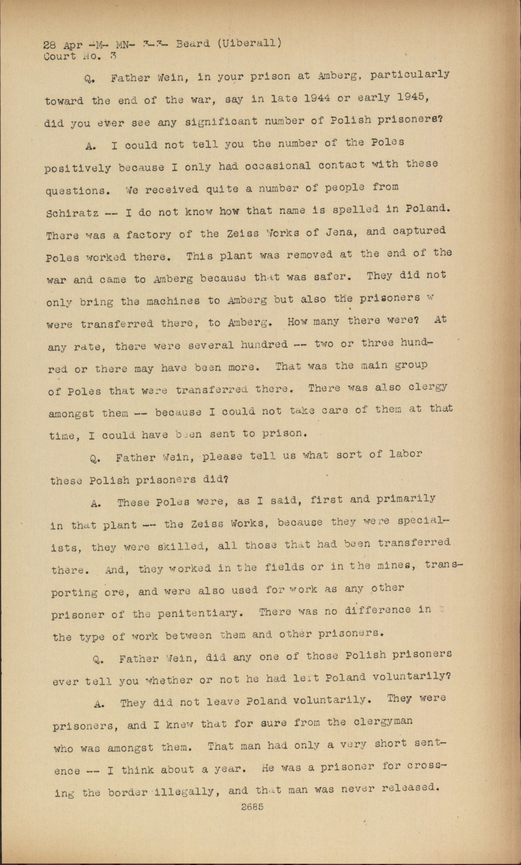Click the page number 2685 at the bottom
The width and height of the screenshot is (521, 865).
pyautogui.click(x=252, y=807)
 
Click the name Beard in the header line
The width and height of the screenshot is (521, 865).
pyautogui.click(x=193, y=44)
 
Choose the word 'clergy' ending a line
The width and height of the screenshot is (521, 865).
pyautogui.click(x=428, y=387)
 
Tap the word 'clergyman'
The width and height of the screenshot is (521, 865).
pyautogui.click(x=383, y=721)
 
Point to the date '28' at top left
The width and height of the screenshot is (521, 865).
pyautogui.click(x=50, y=46)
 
